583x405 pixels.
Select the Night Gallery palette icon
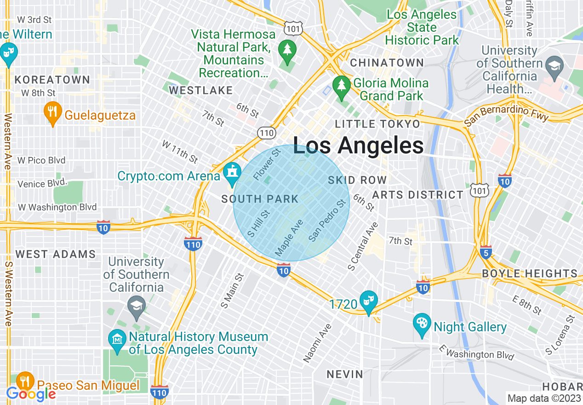[x=421, y=325]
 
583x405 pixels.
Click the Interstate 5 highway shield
[x=486, y=252]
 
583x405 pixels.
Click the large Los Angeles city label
[x=358, y=145]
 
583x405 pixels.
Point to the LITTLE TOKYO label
[x=377, y=124]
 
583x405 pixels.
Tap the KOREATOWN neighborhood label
[x=52, y=80]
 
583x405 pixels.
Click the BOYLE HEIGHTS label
[x=529, y=273]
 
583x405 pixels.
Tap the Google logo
[x=31, y=394]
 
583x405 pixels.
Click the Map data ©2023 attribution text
[x=544, y=398]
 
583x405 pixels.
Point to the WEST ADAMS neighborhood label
[x=56, y=254]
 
